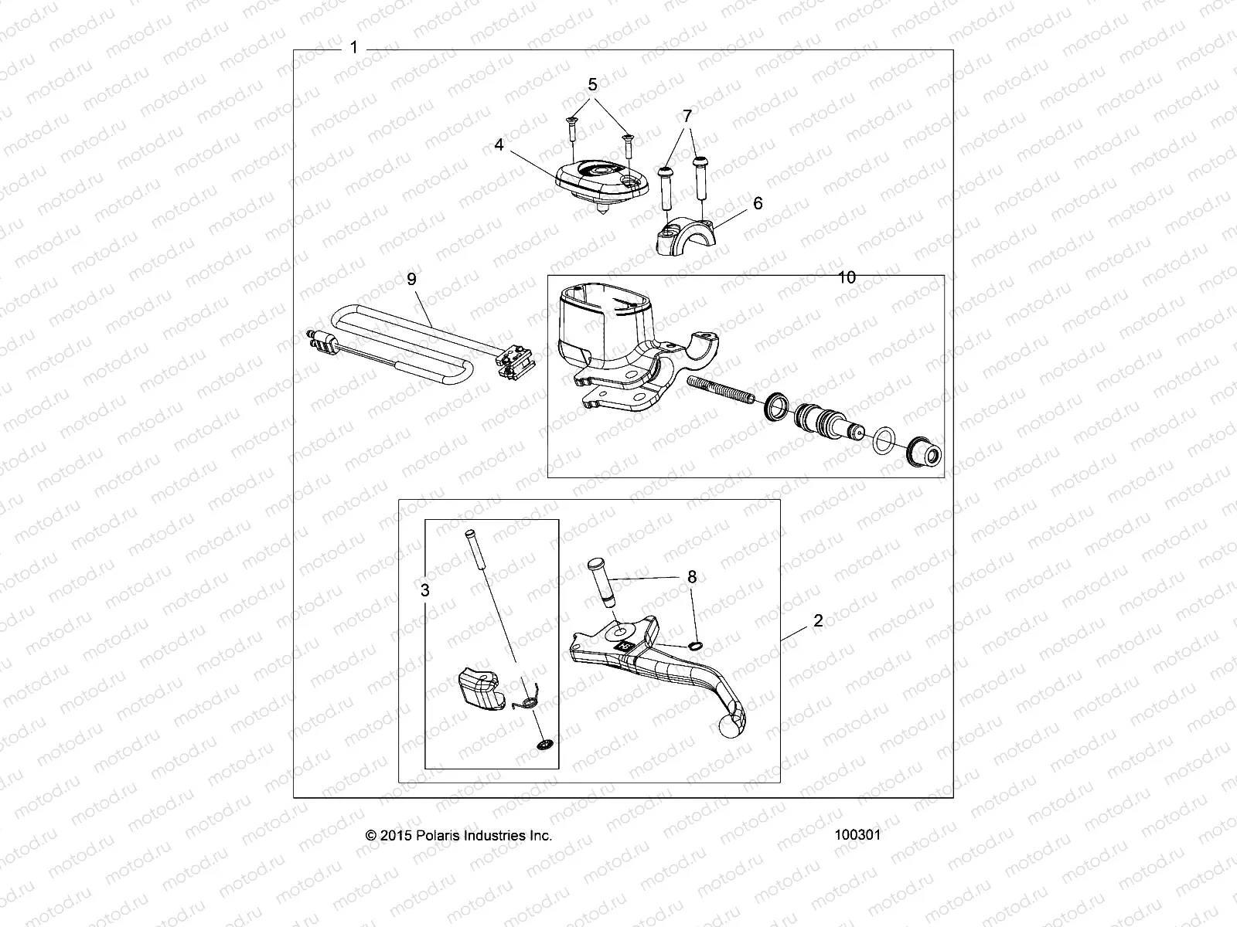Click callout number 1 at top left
point(353,48)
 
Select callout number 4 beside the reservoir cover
point(499,144)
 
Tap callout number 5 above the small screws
point(593,84)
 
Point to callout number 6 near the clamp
point(758,202)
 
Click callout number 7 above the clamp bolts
point(687,116)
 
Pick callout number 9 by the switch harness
point(411,279)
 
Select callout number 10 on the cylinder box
point(847,277)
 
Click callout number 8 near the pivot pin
point(692,577)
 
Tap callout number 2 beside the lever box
point(818,621)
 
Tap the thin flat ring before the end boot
point(882,442)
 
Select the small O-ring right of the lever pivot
point(695,646)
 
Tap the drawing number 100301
point(857,835)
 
